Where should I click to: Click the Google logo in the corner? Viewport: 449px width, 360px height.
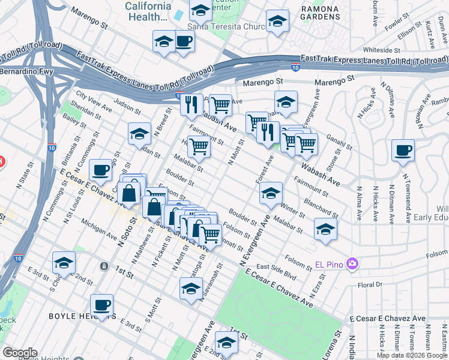(x=20, y=352)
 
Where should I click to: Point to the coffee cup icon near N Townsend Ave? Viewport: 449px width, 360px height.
(x=403, y=150)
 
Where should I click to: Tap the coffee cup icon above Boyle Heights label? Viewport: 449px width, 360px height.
(x=101, y=305)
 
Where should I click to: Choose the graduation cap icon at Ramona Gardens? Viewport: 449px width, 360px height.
(x=277, y=22)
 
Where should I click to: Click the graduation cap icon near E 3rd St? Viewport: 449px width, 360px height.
(x=64, y=262)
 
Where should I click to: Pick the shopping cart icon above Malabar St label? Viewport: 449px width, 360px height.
(x=199, y=145)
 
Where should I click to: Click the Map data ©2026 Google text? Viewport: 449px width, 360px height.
(x=411, y=355)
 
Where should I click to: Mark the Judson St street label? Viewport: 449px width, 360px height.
(x=127, y=107)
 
